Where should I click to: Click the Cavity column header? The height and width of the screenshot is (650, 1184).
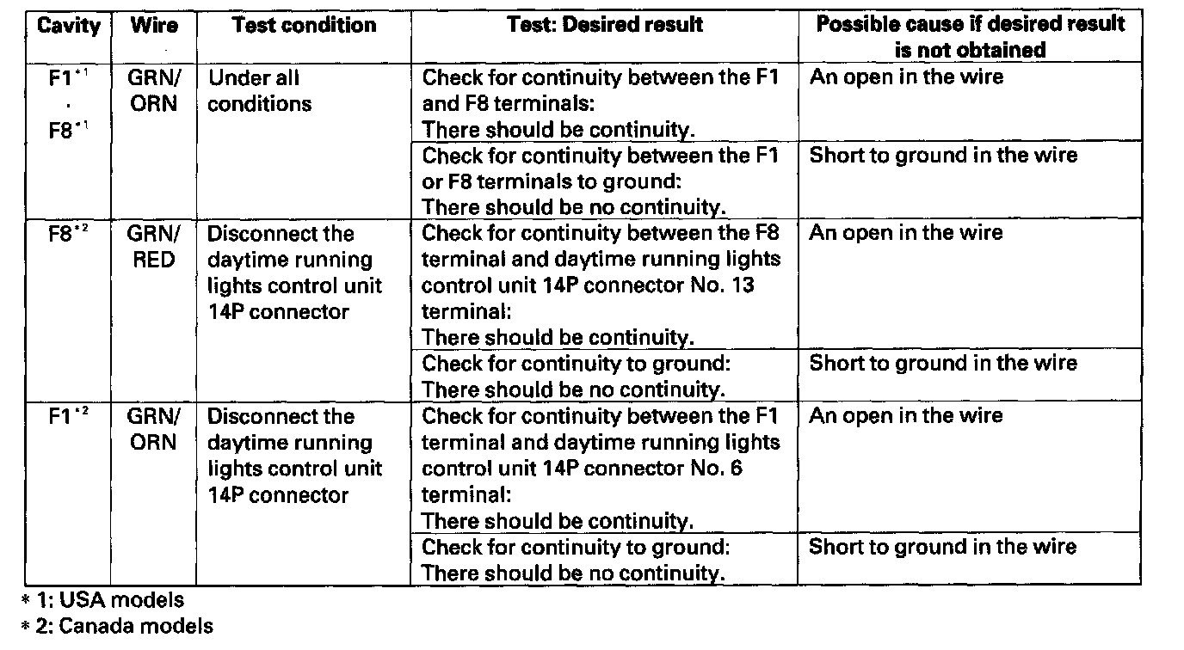click(x=68, y=26)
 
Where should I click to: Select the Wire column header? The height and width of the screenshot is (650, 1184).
click(x=154, y=26)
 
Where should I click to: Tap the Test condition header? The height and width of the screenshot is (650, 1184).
click(x=304, y=26)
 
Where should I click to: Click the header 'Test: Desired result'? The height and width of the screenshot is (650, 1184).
click(x=605, y=26)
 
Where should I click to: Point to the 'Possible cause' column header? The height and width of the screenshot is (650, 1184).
click(x=970, y=36)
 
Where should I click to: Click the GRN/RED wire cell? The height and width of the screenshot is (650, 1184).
click(x=154, y=247)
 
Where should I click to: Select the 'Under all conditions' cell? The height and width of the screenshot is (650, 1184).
click(x=260, y=91)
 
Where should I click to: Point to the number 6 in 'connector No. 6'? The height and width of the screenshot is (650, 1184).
click(x=737, y=469)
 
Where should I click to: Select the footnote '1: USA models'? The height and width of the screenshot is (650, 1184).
click(x=103, y=600)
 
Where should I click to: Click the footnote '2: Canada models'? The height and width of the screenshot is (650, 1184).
click(x=116, y=626)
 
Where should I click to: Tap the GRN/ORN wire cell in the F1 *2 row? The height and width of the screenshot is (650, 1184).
click(x=154, y=430)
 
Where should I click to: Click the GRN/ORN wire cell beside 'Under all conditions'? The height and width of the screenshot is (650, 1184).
click(x=154, y=91)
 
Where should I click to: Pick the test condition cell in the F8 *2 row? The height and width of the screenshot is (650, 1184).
click(x=294, y=273)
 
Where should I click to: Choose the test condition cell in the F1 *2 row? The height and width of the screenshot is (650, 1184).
click(x=294, y=456)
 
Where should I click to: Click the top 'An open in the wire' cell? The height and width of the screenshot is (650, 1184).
click(x=906, y=77)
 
